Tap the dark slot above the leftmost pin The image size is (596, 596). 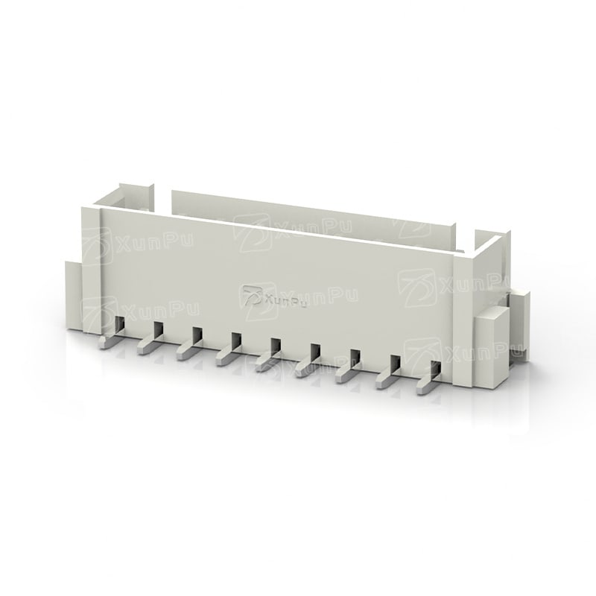[120, 324]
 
